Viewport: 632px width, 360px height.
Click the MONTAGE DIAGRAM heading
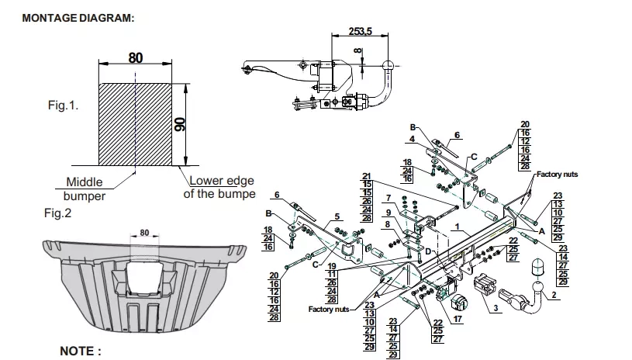(78, 18)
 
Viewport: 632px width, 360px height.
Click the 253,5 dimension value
(360, 31)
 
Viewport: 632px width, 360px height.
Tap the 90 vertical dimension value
(180, 124)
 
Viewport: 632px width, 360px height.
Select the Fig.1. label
(64, 106)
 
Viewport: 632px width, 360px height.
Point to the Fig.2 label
(57, 213)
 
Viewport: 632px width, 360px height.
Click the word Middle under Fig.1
(85, 182)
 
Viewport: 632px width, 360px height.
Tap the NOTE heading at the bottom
(80, 351)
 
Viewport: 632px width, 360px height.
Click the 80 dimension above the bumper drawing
(144, 233)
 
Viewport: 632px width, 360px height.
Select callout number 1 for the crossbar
(457, 227)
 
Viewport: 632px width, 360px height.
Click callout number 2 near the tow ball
(554, 295)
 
